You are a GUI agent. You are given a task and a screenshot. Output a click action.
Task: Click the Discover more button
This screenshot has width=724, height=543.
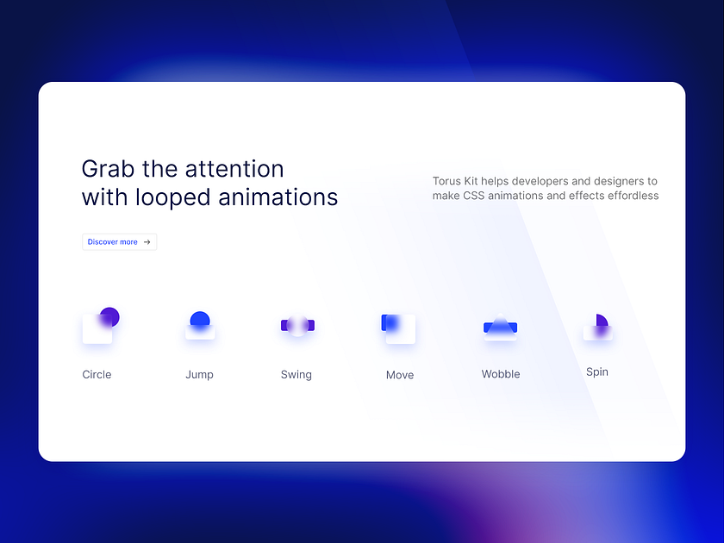[119, 242]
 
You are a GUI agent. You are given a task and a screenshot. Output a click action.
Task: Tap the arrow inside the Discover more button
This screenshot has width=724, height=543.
[147, 242]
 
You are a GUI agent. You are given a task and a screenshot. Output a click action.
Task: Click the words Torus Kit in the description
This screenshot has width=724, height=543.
[457, 181]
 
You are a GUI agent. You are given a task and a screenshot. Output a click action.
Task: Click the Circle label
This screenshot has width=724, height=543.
[97, 375]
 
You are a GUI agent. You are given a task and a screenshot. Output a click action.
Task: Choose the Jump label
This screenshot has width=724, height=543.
[199, 375]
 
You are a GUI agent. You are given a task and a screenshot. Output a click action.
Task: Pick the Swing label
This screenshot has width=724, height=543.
[296, 375]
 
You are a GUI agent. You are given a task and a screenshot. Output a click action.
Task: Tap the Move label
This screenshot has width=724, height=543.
[400, 375]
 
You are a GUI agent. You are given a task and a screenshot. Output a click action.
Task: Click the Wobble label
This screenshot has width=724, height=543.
[501, 375]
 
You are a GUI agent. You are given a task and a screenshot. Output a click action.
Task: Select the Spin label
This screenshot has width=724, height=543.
[597, 372]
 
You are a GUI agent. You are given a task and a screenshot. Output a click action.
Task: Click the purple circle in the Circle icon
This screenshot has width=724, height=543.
[109, 316]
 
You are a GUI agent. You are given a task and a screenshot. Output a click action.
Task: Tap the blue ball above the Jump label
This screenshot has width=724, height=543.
[200, 320]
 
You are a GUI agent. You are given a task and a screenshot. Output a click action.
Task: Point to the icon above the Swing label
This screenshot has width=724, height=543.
[297, 325]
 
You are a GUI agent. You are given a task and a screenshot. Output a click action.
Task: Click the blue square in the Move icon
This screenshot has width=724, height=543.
[390, 322]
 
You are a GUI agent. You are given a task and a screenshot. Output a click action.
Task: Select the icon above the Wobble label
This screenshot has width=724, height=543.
[500, 327]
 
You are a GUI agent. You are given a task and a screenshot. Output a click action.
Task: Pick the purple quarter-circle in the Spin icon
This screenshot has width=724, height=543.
[601, 321]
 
